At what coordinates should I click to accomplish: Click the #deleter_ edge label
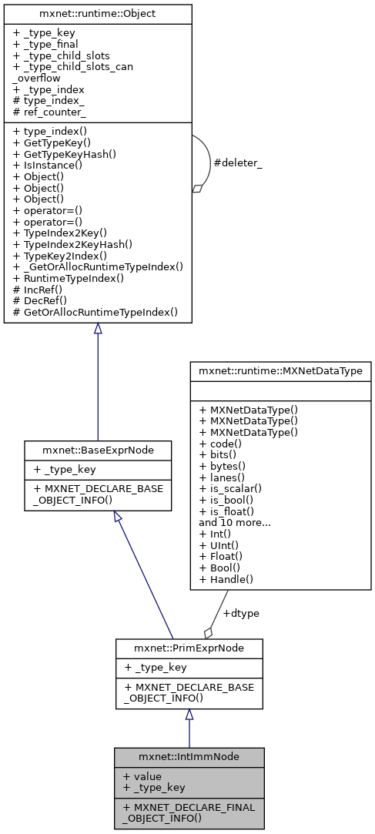239,163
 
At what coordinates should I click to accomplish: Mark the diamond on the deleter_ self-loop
197,188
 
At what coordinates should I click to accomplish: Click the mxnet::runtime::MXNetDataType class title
280,370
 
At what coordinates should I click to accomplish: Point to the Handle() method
227,578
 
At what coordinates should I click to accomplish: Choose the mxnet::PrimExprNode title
189,648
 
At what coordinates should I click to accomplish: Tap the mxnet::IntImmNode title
189,756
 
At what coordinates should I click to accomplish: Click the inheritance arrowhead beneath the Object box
97,329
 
